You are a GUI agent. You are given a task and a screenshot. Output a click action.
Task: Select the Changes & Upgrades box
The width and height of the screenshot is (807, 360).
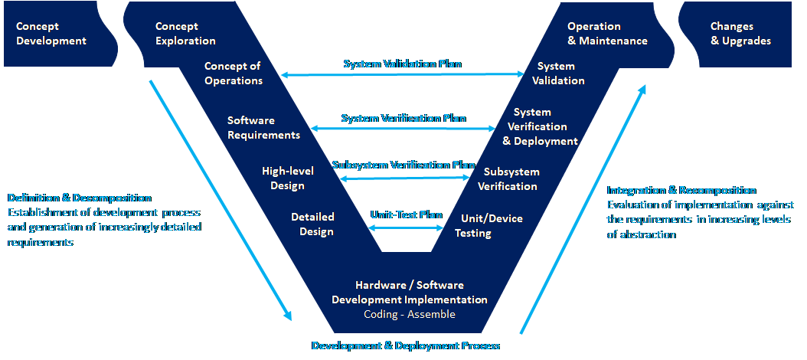coord(740,34)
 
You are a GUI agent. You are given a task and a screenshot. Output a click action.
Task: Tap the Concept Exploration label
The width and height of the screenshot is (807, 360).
coord(185,34)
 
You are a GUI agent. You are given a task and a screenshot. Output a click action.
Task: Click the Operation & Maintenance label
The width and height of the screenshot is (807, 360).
coord(607,34)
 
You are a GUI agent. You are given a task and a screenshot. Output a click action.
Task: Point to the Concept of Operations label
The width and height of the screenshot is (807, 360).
coord(234,74)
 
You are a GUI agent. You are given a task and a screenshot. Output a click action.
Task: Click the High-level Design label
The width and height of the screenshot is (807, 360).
coord(283,178)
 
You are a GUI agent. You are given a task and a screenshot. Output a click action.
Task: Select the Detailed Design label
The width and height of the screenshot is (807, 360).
coord(312,224)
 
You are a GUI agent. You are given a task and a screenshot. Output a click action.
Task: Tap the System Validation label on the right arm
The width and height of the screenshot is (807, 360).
coord(558,74)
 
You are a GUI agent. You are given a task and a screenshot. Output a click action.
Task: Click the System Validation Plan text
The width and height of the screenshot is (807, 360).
coord(402,64)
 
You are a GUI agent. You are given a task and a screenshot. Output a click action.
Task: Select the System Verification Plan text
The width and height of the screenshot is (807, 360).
coord(403,118)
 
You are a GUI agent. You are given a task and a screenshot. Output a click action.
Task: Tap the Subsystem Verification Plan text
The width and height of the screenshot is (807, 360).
coord(403,164)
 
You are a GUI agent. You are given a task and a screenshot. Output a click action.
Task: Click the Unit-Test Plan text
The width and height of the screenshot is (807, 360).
coord(407,214)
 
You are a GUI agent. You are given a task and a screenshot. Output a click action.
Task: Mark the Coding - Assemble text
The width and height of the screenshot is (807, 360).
coord(410,314)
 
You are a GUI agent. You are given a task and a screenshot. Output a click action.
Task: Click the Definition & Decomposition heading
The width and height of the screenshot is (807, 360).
coord(80,198)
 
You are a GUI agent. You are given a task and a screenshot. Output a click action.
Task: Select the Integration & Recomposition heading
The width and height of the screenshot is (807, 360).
coord(681,190)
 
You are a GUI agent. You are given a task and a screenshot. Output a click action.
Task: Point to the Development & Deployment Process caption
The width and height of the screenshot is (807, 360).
coord(406,345)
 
